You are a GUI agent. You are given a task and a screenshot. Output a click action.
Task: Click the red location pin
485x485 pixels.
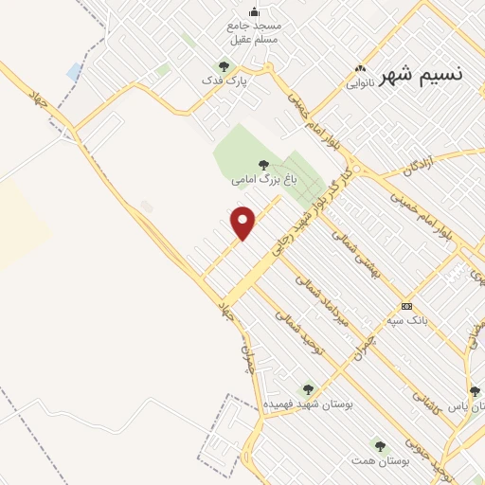[243, 222]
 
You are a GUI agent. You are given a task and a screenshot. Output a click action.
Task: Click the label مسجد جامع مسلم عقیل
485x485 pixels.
[254, 35]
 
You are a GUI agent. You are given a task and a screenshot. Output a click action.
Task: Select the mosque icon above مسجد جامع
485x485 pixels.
[254, 11]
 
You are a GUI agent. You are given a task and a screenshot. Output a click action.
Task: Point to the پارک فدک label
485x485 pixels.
[228, 82]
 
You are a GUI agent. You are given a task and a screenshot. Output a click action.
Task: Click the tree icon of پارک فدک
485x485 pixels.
[225, 66]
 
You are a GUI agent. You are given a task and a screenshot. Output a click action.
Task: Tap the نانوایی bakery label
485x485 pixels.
[359, 82]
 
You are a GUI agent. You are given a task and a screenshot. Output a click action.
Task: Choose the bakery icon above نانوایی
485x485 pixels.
[359, 68]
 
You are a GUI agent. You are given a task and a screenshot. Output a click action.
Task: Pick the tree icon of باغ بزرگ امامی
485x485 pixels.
[263, 164]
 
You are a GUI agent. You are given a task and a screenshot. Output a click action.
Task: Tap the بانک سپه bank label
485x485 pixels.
[407, 320]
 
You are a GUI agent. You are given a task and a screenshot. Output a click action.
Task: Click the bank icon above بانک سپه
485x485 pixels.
[406, 306]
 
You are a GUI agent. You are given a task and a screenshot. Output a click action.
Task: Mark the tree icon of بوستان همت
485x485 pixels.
[379, 445]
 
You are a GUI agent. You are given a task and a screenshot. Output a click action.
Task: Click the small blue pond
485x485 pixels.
[74, 71]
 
